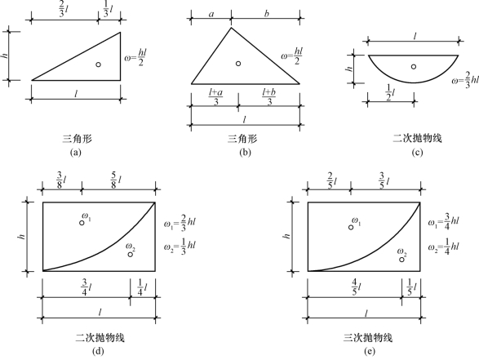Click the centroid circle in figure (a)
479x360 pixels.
click(99, 64)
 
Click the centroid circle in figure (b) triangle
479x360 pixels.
click(238, 63)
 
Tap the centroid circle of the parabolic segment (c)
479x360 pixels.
click(414, 67)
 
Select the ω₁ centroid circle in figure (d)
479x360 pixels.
click(82, 223)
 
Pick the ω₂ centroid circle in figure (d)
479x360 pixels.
click(131, 254)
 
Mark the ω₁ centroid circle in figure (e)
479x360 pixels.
click(351, 227)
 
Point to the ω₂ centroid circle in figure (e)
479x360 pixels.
click(402, 260)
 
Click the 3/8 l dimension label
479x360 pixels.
click(61, 180)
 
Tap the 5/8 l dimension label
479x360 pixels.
click(117, 180)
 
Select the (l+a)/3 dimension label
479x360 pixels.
click(215, 97)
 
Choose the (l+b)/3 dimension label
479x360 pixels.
click(268, 97)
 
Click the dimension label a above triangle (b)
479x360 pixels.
click(211, 14)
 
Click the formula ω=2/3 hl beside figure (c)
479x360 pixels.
click(465, 80)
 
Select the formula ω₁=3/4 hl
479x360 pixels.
click(443, 222)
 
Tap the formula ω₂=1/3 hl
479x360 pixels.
click(180, 247)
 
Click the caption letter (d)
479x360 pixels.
click(98, 351)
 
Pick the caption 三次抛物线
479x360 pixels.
click(368, 338)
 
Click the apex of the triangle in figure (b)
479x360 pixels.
click(231, 28)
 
